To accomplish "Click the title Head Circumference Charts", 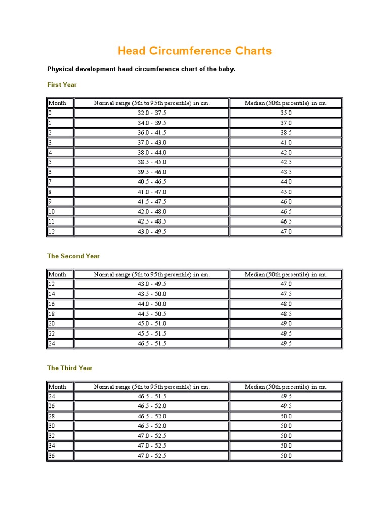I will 194,51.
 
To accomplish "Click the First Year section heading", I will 62,85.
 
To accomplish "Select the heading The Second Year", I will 73,256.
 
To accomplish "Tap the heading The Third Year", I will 70,368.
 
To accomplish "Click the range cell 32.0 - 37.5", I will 151,113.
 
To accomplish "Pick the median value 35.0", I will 286,113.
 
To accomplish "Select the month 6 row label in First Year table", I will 51,172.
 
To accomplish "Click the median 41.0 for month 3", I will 286,143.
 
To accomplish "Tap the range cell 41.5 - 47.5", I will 151,202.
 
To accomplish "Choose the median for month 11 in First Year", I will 286,221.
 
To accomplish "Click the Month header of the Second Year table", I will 57,274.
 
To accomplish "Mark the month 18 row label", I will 52,314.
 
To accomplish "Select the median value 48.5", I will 286,314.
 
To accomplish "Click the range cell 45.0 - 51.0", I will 151,324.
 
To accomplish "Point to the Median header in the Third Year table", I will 286,387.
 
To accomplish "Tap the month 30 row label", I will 52,426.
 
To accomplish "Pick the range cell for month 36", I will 151,456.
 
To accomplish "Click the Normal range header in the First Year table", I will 151,103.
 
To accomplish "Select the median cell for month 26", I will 286,406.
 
